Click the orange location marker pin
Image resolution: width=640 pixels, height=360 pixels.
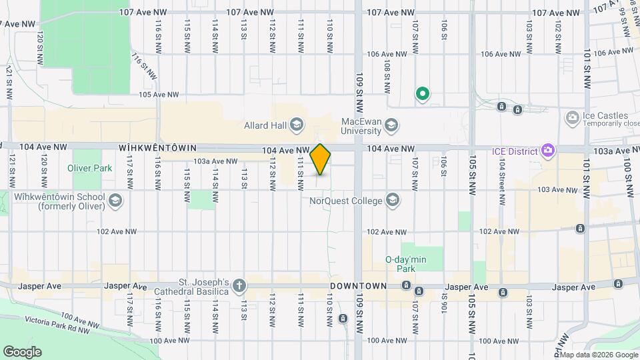(321, 159)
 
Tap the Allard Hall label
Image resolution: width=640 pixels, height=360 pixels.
(265, 125)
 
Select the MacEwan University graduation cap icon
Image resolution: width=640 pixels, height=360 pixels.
(392, 125)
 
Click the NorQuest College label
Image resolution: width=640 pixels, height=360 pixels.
(345, 201)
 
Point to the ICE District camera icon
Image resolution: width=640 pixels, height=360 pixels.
(548, 150)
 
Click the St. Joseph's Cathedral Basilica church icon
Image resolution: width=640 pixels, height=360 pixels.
(239, 287)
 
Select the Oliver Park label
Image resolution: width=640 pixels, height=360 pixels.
(90, 169)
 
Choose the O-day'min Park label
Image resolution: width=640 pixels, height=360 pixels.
(405, 264)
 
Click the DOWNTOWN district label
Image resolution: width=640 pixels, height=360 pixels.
(358, 286)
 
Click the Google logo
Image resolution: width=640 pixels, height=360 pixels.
(22, 351)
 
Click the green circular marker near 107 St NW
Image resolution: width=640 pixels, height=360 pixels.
(422, 94)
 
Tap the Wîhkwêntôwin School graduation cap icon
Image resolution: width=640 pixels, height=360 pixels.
(115, 201)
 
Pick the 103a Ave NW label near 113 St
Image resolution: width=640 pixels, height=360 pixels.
(215, 161)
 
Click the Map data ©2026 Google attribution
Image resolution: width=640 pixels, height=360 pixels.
(597, 354)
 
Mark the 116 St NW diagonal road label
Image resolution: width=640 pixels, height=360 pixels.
(145, 66)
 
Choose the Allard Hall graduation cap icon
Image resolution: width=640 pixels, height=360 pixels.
(297, 125)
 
